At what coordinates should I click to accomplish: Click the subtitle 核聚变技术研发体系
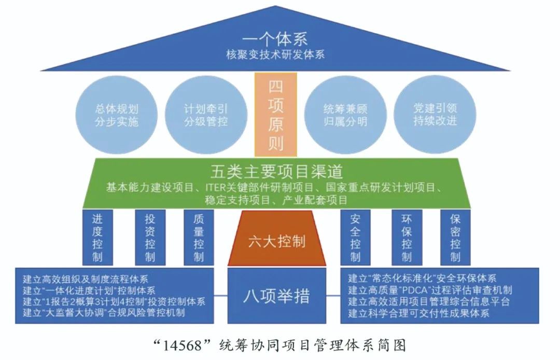point(275,54)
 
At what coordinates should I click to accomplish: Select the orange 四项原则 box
point(276,114)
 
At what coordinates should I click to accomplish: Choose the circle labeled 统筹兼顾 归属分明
point(345,115)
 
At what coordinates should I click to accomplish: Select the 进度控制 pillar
point(97,237)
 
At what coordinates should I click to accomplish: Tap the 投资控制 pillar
point(150,237)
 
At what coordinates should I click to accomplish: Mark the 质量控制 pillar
point(199,237)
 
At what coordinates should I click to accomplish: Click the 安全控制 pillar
point(355,237)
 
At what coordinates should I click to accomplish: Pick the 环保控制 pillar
point(407,237)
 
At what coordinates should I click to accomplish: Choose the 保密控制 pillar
point(455,237)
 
